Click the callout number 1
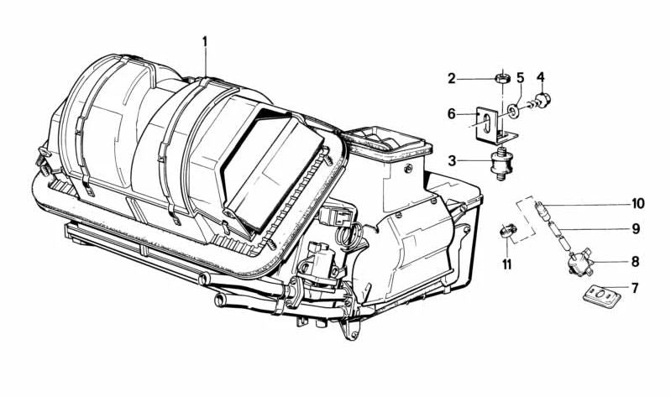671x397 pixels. click(x=206, y=40)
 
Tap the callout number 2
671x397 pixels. click(x=451, y=79)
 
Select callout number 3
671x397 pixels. click(x=451, y=159)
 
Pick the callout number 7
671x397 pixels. click(x=636, y=288)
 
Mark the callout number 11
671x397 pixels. click(x=506, y=264)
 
